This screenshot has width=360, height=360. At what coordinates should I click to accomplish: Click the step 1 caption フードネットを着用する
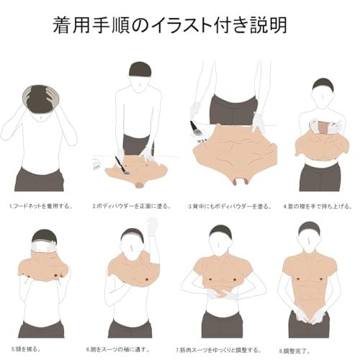pos(41,206)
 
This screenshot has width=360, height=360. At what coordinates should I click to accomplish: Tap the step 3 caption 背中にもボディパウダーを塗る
pos(230,206)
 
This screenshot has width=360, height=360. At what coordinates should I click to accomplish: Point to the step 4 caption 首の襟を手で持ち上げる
pos(316,206)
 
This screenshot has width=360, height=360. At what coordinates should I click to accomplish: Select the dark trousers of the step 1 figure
pos(40,179)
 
